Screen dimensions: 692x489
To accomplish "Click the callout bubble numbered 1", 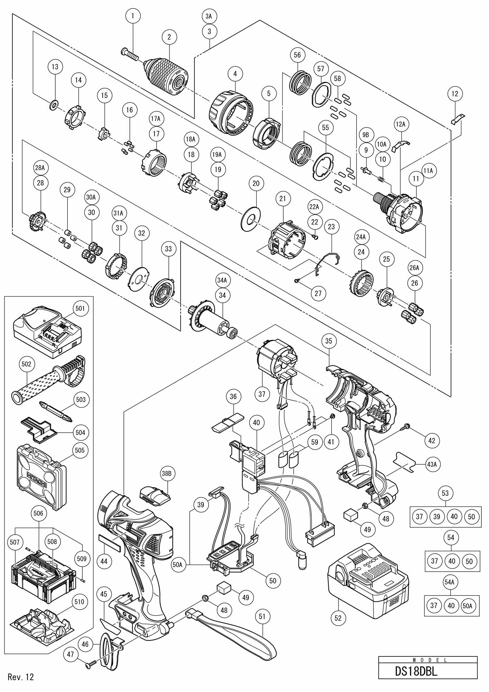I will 133,16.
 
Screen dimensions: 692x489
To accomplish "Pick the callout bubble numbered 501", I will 80,308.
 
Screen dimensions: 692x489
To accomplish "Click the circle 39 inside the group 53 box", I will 437,517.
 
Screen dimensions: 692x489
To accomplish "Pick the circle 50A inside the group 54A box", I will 469,605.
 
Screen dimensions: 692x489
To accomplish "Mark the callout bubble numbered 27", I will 318,294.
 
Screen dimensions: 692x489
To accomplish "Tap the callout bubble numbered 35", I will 329,341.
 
